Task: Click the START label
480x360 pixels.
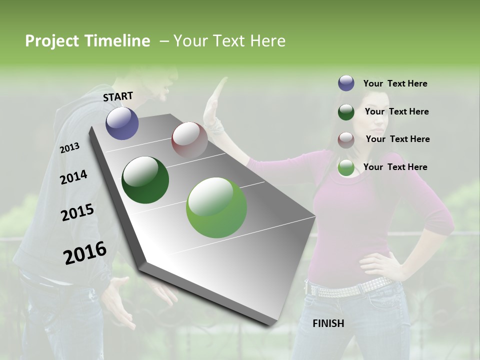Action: click(x=118, y=96)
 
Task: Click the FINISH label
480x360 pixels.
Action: click(x=328, y=323)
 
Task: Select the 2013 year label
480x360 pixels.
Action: click(x=69, y=148)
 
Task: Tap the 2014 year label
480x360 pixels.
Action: click(x=73, y=177)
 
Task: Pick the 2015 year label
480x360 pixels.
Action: click(x=77, y=213)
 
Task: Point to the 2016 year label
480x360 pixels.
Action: click(x=85, y=253)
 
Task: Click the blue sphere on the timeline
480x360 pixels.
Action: click(x=122, y=123)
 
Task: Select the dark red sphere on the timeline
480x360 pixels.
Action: click(x=189, y=140)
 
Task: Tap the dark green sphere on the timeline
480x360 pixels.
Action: click(x=145, y=180)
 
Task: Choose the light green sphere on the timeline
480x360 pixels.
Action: click(x=216, y=207)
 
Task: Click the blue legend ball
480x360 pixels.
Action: click(x=346, y=83)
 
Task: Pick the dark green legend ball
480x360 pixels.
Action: click(x=346, y=112)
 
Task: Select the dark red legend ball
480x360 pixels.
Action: click(x=346, y=139)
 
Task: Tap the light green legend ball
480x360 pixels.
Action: click(x=346, y=167)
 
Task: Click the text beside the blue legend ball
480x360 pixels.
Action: click(x=395, y=83)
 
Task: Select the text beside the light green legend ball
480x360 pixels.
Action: click(x=395, y=167)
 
